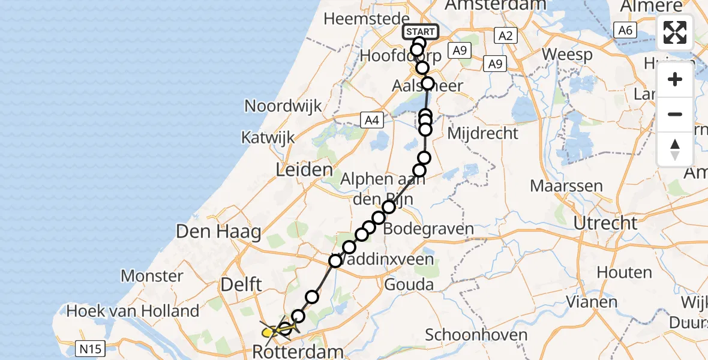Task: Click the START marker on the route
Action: pos(421,32)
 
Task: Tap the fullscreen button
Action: pos(675,32)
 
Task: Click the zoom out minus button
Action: pos(675,114)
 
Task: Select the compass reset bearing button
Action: pos(675,149)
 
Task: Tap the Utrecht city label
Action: pos(605,223)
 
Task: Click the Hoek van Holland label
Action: pos(133,311)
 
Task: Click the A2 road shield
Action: pos(505,36)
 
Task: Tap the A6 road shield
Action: pos(625,30)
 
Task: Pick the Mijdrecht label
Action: pos(482,133)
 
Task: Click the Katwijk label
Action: pos(268,137)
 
